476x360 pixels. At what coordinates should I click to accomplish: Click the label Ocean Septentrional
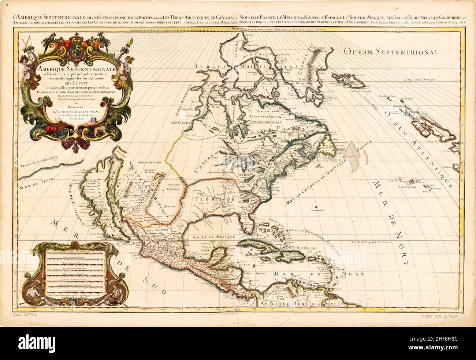pyautogui.click(x=390, y=52)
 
